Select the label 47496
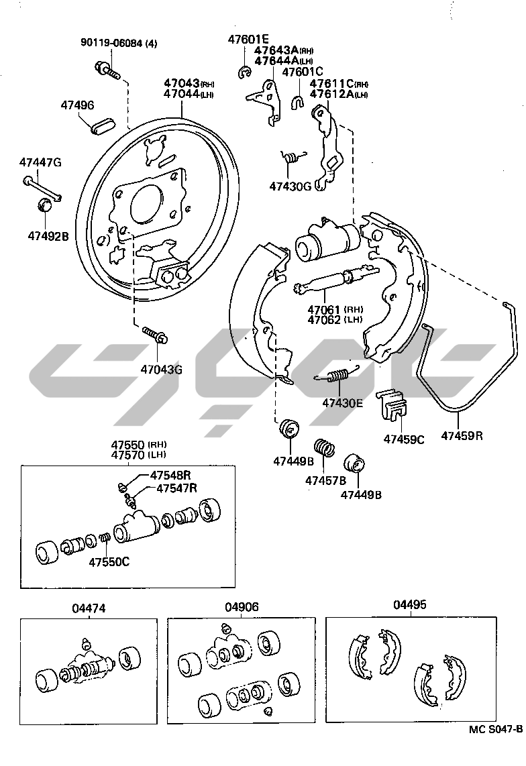click(77, 105)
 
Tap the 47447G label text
click(40, 162)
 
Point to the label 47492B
click(48, 235)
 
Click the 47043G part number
click(161, 369)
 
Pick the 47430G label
click(291, 186)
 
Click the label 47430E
click(342, 402)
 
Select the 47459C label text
click(404, 439)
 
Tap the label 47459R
click(462, 436)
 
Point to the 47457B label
click(325, 480)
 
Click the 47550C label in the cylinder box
click(109, 561)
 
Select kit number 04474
click(89, 608)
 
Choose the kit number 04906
click(242, 607)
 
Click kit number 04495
click(409, 604)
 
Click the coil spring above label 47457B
click(324, 447)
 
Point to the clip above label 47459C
click(392, 406)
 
